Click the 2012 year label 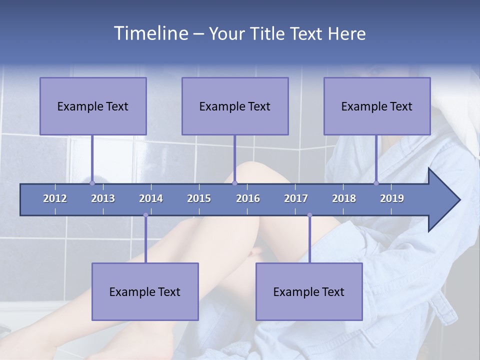(x=55, y=198)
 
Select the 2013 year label (x=103, y=198)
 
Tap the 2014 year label (x=151, y=198)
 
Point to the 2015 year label (x=199, y=198)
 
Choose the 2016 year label (x=248, y=198)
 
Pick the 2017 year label (x=296, y=198)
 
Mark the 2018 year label (x=344, y=198)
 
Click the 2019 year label (x=392, y=198)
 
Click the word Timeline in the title (x=150, y=33)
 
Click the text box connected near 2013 (x=93, y=106)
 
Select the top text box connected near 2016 (x=235, y=106)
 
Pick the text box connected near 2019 (x=377, y=106)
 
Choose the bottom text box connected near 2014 (x=145, y=291)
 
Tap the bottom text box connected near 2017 (x=309, y=291)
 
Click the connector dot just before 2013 (x=92, y=183)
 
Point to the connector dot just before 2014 (x=145, y=215)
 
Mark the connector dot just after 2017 (x=309, y=215)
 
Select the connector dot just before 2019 (x=376, y=183)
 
